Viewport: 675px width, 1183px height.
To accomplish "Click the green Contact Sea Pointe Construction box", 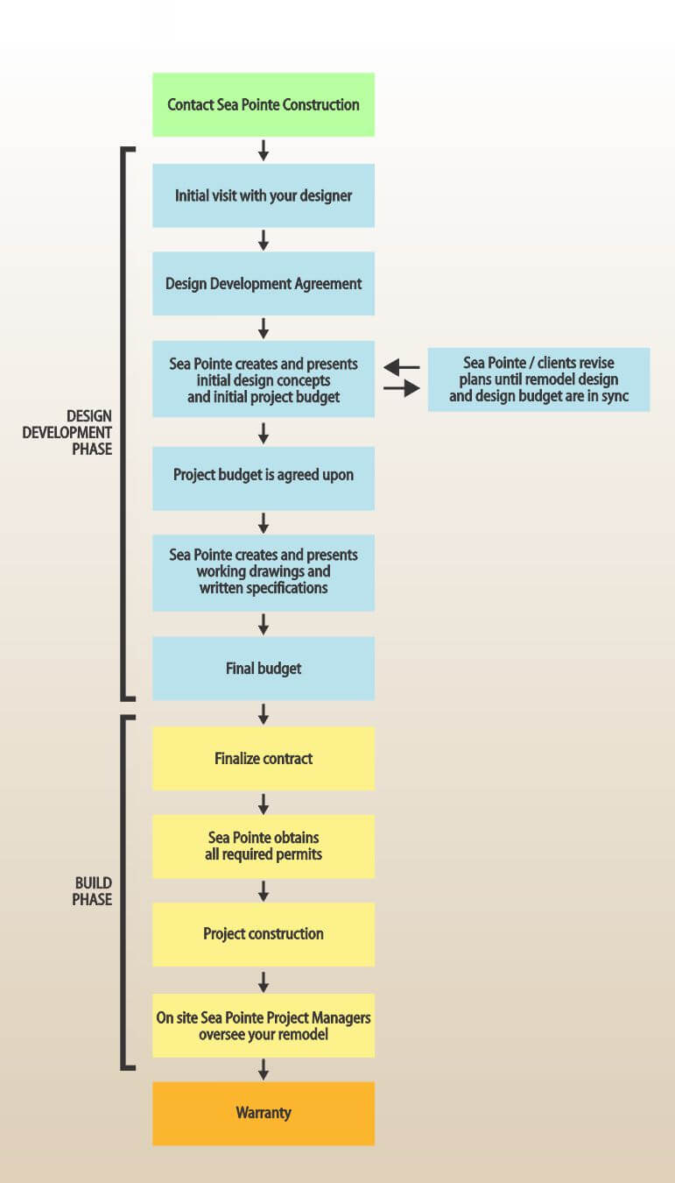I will [x=263, y=105].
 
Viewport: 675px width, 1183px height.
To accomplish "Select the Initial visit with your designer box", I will [x=263, y=195].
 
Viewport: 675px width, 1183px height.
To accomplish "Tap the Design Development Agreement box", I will [x=263, y=284].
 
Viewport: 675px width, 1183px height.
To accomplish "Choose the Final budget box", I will [x=263, y=669].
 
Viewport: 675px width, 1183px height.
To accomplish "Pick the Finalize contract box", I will [x=263, y=758].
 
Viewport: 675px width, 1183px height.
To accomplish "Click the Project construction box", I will [x=263, y=934].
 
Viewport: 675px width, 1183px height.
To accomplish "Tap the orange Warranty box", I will [x=263, y=1114].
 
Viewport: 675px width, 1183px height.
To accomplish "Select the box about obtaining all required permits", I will [x=263, y=847].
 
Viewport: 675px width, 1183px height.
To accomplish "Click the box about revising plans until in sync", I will [x=538, y=379].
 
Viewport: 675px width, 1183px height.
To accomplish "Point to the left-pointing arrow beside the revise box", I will [x=402, y=367].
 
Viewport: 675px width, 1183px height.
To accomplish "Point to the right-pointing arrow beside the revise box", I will [x=402, y=389].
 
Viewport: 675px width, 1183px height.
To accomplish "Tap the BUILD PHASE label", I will [x=92, y=891].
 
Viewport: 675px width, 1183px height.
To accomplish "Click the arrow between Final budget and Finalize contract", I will [x=263, y=713].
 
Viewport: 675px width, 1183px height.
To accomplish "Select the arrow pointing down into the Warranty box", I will [x=263, y=1069].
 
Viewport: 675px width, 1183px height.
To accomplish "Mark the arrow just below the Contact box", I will [x=263, y=150].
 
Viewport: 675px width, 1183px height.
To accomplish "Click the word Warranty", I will [x=263, y=1114].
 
